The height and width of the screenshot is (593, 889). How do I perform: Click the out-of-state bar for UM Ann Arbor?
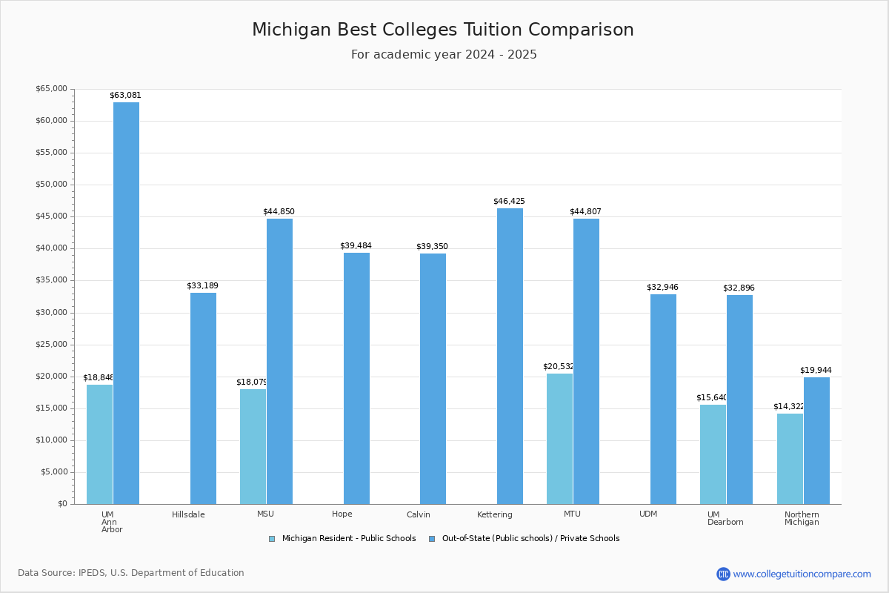126,303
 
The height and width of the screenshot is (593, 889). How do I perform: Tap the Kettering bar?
510,356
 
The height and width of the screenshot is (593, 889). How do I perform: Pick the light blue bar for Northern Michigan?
790,459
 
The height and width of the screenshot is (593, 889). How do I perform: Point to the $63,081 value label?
125,96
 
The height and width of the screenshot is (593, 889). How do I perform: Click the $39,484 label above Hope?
356,246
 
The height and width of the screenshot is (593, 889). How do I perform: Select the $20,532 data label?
559,367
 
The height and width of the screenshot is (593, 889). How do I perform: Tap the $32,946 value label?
662,288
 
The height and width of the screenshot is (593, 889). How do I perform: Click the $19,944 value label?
816,371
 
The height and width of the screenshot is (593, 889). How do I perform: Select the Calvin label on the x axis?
418,514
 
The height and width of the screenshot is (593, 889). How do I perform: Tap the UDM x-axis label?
648,514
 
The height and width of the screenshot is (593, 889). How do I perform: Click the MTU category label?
572,514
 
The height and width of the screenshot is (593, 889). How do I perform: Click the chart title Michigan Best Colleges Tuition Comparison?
443,30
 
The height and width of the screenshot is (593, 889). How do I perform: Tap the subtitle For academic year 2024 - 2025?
444,55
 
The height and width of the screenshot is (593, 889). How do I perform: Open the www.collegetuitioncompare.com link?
802,574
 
